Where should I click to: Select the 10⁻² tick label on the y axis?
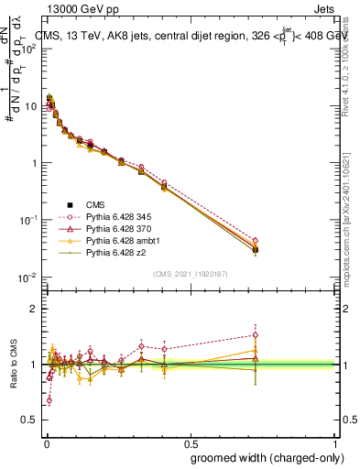point(28,278)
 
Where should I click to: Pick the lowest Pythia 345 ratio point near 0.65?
point(49,400)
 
